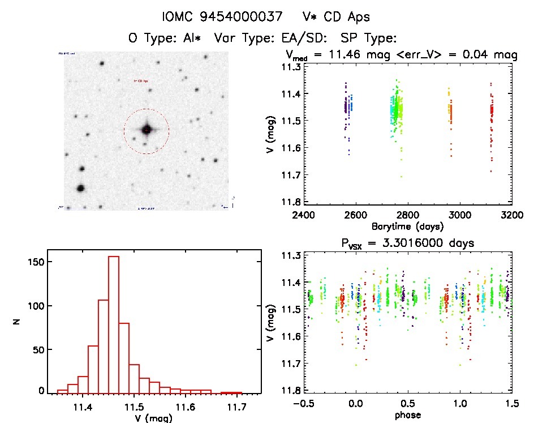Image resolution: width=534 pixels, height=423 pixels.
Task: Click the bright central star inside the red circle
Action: click(x=147, y=130)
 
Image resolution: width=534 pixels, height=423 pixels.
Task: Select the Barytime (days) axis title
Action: click(x=407, y=226)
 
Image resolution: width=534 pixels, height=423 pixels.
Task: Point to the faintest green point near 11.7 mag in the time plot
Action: click(x=402, y=177)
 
